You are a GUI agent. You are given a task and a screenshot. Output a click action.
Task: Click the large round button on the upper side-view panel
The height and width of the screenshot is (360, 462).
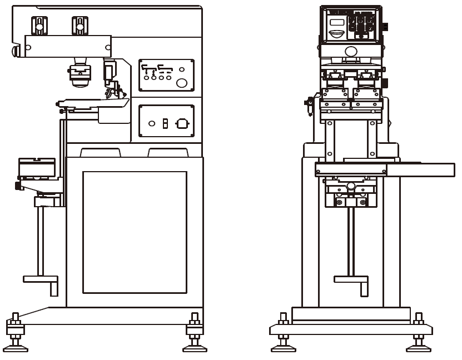(182, 83)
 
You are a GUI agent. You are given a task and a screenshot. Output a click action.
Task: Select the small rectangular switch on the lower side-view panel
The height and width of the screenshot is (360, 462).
(165, 123)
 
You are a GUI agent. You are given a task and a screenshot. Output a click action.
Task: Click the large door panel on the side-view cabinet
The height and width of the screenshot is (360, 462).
(135, 232)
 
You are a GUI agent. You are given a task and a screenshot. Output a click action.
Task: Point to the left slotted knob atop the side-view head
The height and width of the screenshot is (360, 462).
(39, 25)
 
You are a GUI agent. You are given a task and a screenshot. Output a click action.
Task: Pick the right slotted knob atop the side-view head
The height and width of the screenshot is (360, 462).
(80, 25)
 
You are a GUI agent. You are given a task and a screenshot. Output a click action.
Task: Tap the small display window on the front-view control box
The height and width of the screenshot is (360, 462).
(337, 23)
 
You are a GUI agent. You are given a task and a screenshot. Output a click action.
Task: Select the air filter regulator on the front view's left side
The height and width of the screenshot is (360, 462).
(309, 102)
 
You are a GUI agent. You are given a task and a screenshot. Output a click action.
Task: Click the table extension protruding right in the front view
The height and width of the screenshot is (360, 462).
(420, 170)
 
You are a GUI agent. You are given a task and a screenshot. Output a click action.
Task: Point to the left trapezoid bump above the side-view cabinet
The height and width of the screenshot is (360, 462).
(101, 152)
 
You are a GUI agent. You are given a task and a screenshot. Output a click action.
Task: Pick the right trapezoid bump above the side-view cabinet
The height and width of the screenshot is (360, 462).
(167, 152)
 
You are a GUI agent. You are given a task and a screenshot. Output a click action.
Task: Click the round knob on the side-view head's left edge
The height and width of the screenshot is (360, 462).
(16, 51)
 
